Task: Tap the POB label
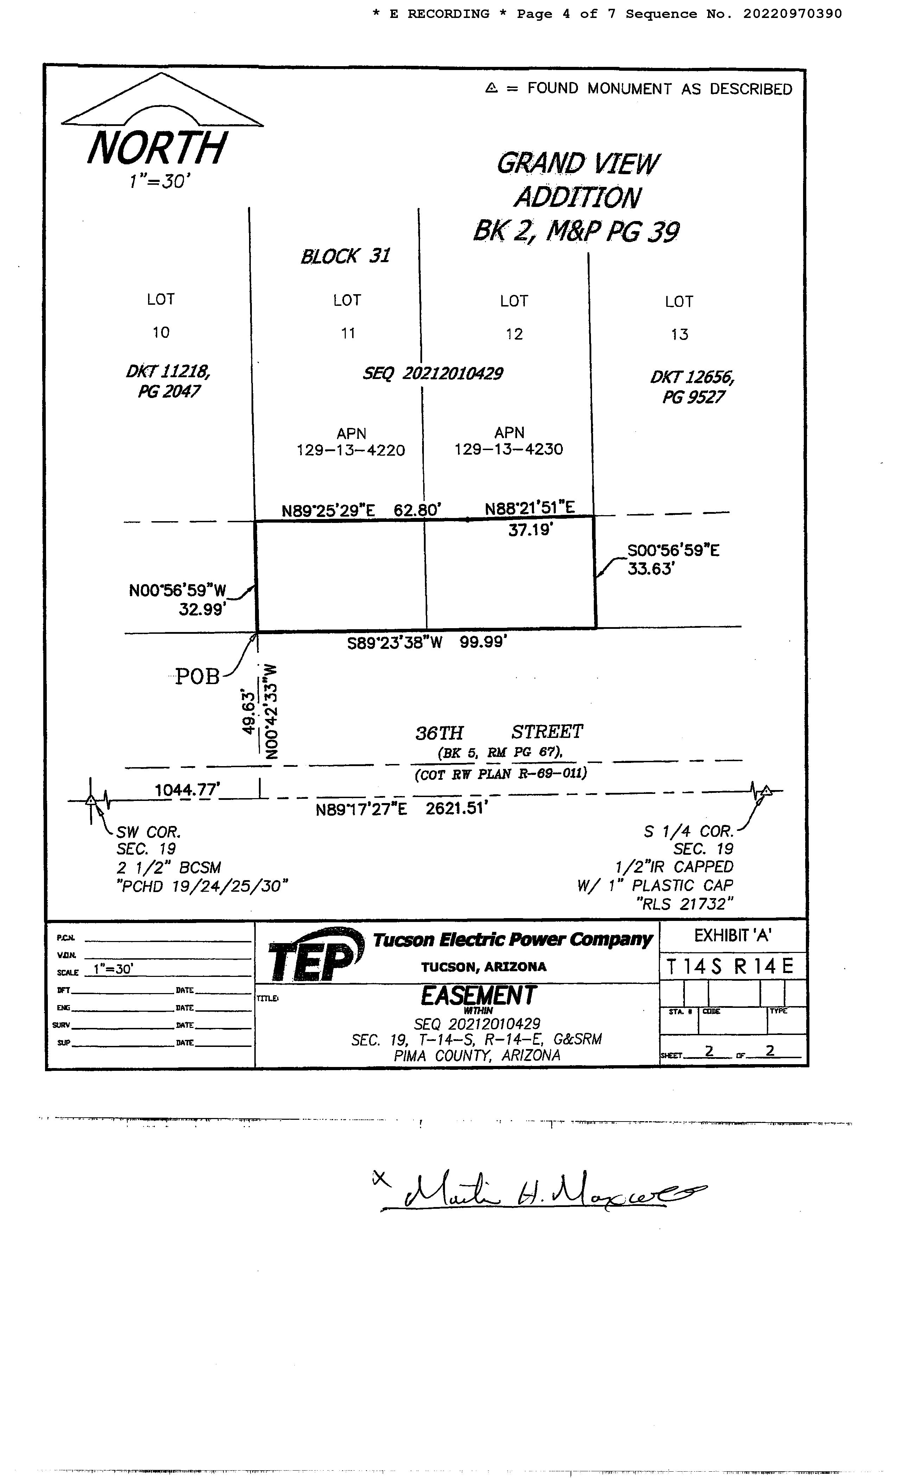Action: point(197,677)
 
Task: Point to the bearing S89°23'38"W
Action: point(395,643)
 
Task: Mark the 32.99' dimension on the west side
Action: point(202,609)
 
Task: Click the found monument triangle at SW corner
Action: point(90,800)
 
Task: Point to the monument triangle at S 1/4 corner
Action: point(766,791)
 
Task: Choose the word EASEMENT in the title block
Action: point(478,996)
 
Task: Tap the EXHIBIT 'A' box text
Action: point(732,935)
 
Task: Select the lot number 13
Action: point(679,335)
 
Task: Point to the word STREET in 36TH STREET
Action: point(547,732)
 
